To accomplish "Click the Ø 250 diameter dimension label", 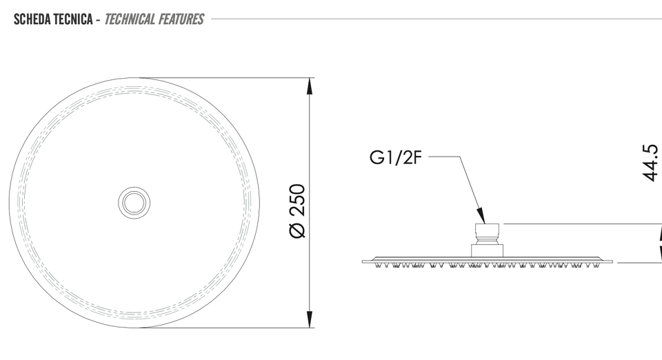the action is pyautogui.click(x=298, y=211).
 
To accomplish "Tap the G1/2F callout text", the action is pyautogui.click(x=396, y=157).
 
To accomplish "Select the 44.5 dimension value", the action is pyautogui.click(x=650, y=163).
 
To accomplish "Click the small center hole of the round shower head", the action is pyautogui.click(x=134, y=203).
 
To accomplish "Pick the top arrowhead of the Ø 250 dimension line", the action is pyautogui.click(x=310, y=86).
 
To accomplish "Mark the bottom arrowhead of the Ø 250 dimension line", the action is pyautogui.click(x=310, y=319).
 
